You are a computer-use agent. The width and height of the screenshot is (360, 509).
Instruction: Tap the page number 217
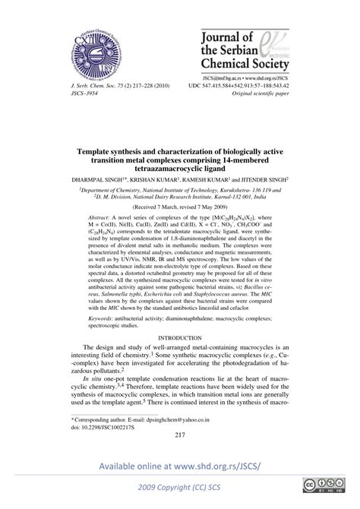(x=180, y=435)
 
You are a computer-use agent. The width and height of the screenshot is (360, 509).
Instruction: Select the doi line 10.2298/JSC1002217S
(x=97, y=425)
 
